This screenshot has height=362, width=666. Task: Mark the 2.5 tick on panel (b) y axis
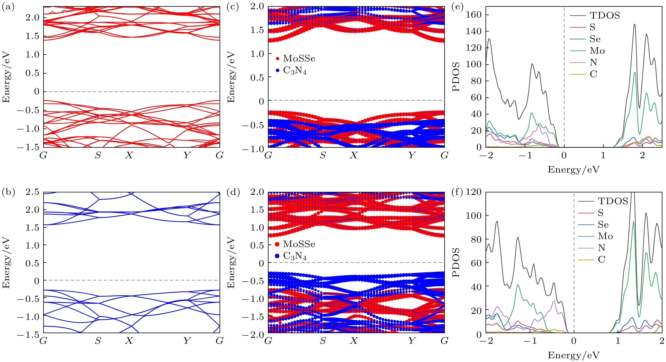[x=32, y=192]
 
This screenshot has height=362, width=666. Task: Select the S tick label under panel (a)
[x=98, y=155]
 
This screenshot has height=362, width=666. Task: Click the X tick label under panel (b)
[x=129, y=341]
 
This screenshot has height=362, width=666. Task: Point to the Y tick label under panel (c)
[x=412, y=155]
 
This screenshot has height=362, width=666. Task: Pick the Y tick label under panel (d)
[x=412, y=341]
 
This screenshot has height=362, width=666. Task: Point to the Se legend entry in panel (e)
[x=595, y=39]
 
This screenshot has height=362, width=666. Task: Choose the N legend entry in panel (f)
[x=601, y=248]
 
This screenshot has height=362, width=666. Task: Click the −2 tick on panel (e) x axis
[x=486, y=155]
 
